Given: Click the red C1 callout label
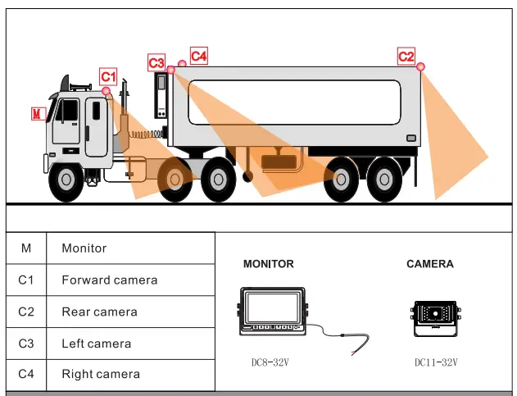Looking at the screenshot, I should tap(109, 76).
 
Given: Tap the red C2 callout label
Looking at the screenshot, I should tap(406, 56).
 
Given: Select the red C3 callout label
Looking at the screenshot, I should tap(156, 62).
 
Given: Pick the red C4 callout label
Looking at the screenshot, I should tap(198, 56).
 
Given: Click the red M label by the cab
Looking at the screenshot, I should tap(37, 113).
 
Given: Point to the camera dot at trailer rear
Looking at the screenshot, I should tap(420, 66).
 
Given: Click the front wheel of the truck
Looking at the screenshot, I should tap(66, 182).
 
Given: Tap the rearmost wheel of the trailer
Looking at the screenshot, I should tap(383, 182).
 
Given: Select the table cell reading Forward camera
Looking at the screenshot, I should tap(109, 280).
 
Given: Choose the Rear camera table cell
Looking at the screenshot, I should tap(99, 312).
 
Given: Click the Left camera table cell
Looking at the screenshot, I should tap(96, 344).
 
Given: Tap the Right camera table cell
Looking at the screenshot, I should tap(100, 375).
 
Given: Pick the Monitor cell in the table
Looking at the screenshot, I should tap(84, 248).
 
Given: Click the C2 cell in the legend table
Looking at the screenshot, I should tap(26, 312).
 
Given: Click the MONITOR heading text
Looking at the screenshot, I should tap(268, 264).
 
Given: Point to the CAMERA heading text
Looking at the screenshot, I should tap(429, 264).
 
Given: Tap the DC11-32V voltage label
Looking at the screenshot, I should tap(436, 362).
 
